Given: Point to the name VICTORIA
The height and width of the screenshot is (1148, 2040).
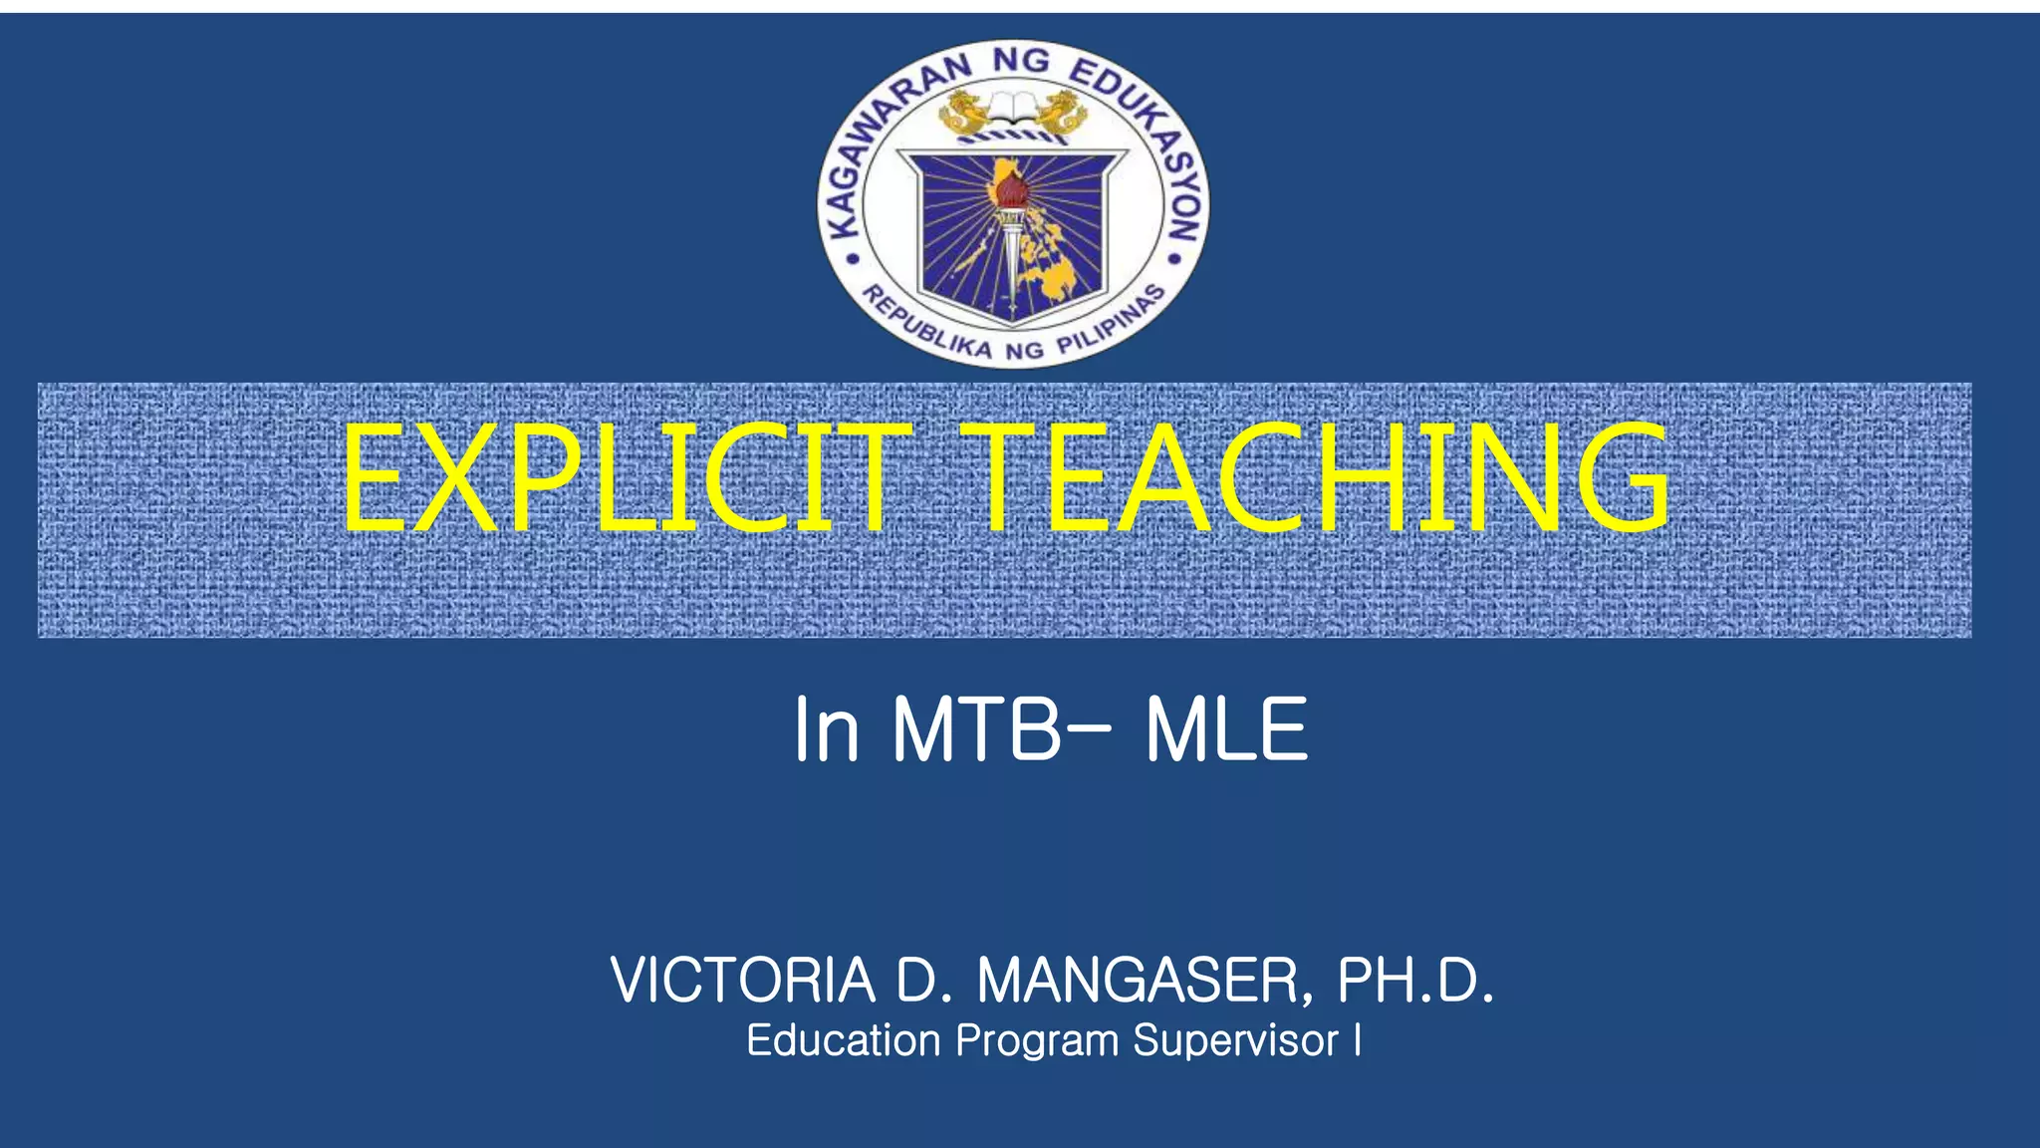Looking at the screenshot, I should point(743,981).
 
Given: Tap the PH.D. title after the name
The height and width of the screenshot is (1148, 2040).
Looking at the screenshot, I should point(1414,981).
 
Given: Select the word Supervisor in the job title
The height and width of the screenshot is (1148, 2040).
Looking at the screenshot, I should point(1235,1040).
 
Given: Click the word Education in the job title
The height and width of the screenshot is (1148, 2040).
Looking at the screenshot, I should point(844,1040).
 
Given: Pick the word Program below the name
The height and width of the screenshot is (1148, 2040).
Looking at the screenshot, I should point(1037,1040).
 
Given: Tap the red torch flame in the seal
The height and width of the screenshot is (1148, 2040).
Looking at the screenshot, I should point(1012,185).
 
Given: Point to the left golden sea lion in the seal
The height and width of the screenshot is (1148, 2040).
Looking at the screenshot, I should point(963,112).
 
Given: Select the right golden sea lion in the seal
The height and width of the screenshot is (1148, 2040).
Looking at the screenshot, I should point(1062,112).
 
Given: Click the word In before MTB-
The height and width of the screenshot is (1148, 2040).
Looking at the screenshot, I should point(825,729).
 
